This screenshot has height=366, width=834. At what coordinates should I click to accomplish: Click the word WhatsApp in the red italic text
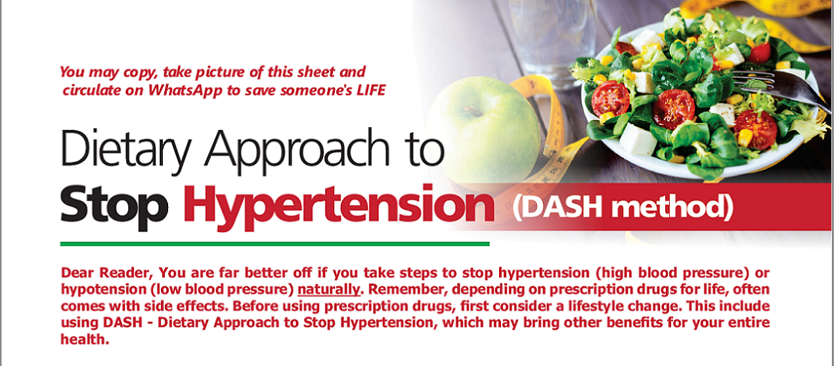point(185,91)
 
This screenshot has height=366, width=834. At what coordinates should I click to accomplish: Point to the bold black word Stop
point(114,207)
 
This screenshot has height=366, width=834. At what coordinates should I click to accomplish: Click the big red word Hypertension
point(339,207)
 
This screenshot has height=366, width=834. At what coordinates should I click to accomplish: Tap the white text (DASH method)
point(623,207)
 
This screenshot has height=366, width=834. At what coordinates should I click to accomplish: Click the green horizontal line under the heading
point(274,244)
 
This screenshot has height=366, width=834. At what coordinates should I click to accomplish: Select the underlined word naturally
point(329,290)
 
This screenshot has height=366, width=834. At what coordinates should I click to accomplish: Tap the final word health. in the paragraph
point(85,339)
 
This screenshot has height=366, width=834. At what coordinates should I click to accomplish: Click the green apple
point(484,127)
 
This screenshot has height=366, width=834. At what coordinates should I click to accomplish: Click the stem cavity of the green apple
point(473,110)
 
